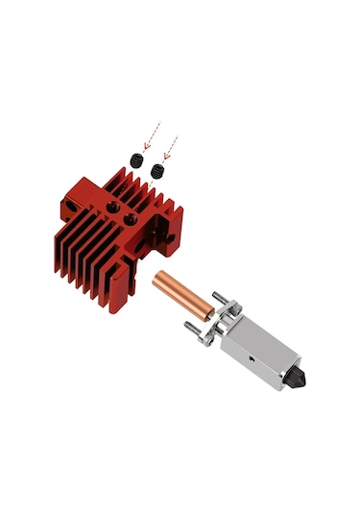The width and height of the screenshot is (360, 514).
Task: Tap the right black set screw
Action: [x=157, y=171]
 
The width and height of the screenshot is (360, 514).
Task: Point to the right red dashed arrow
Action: [x=170, y=147]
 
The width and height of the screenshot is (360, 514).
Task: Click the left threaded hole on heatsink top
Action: [x=114, y=206]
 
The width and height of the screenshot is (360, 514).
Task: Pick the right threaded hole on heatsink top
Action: [x=132, y=218]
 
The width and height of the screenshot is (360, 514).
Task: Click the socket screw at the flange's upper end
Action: [x=230, y=310]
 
